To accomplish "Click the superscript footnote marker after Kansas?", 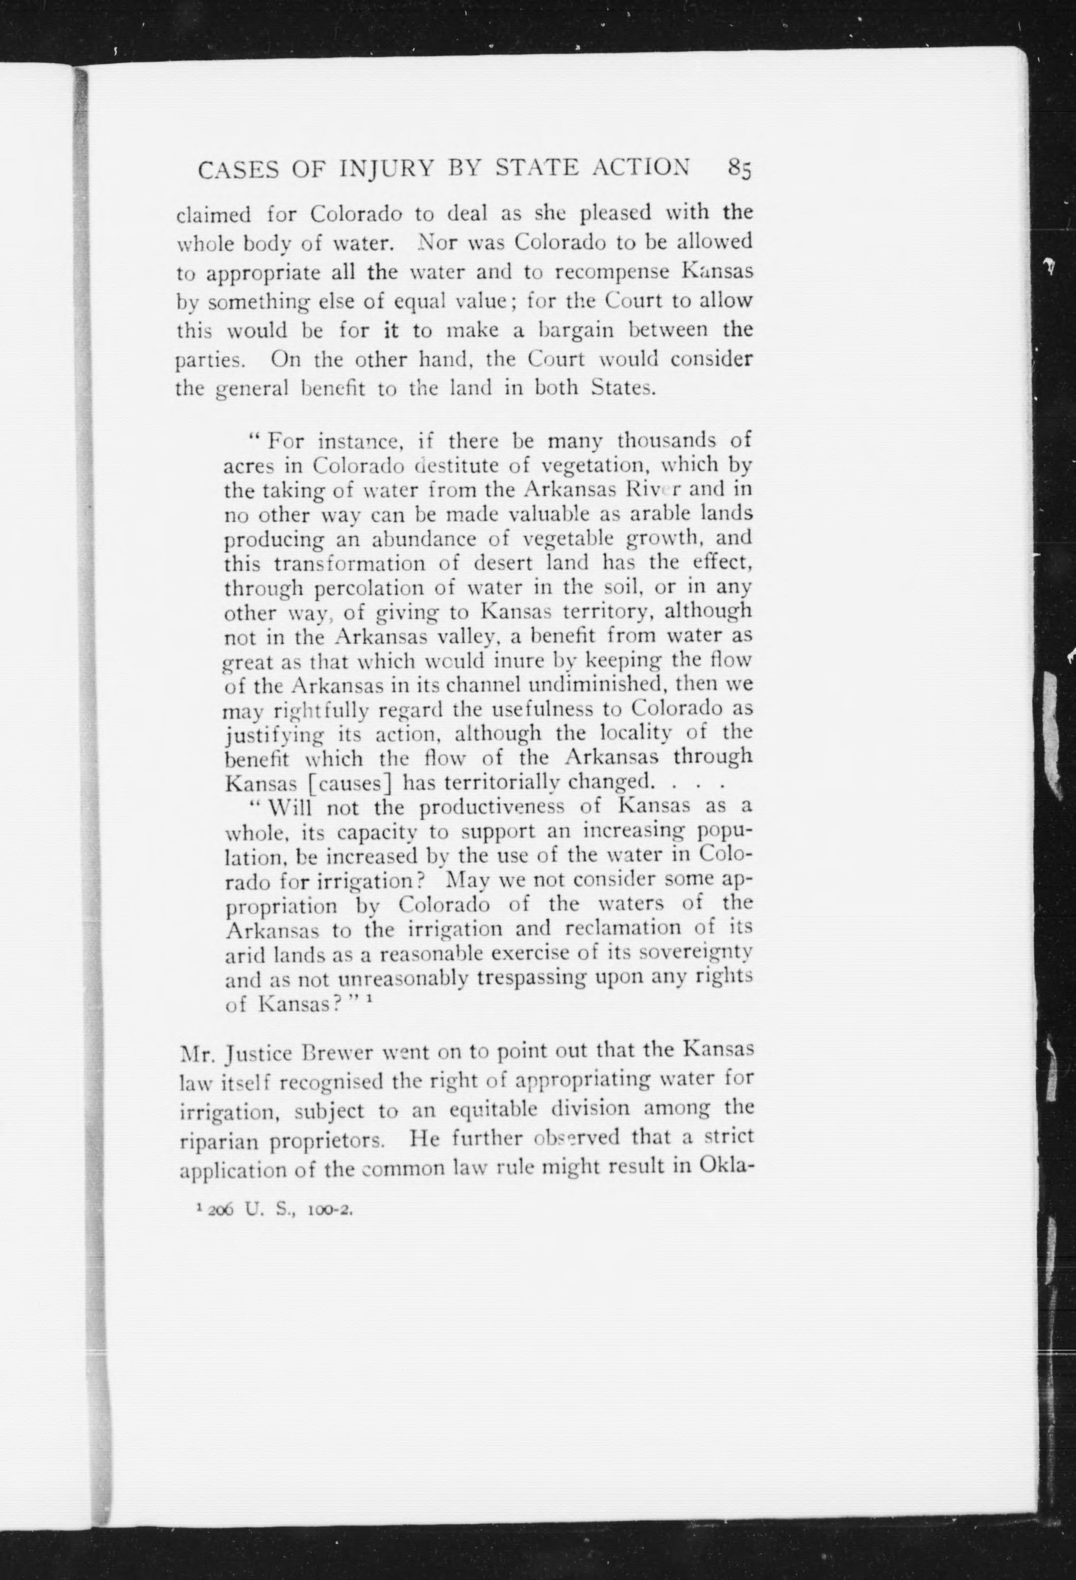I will point(367,999).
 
